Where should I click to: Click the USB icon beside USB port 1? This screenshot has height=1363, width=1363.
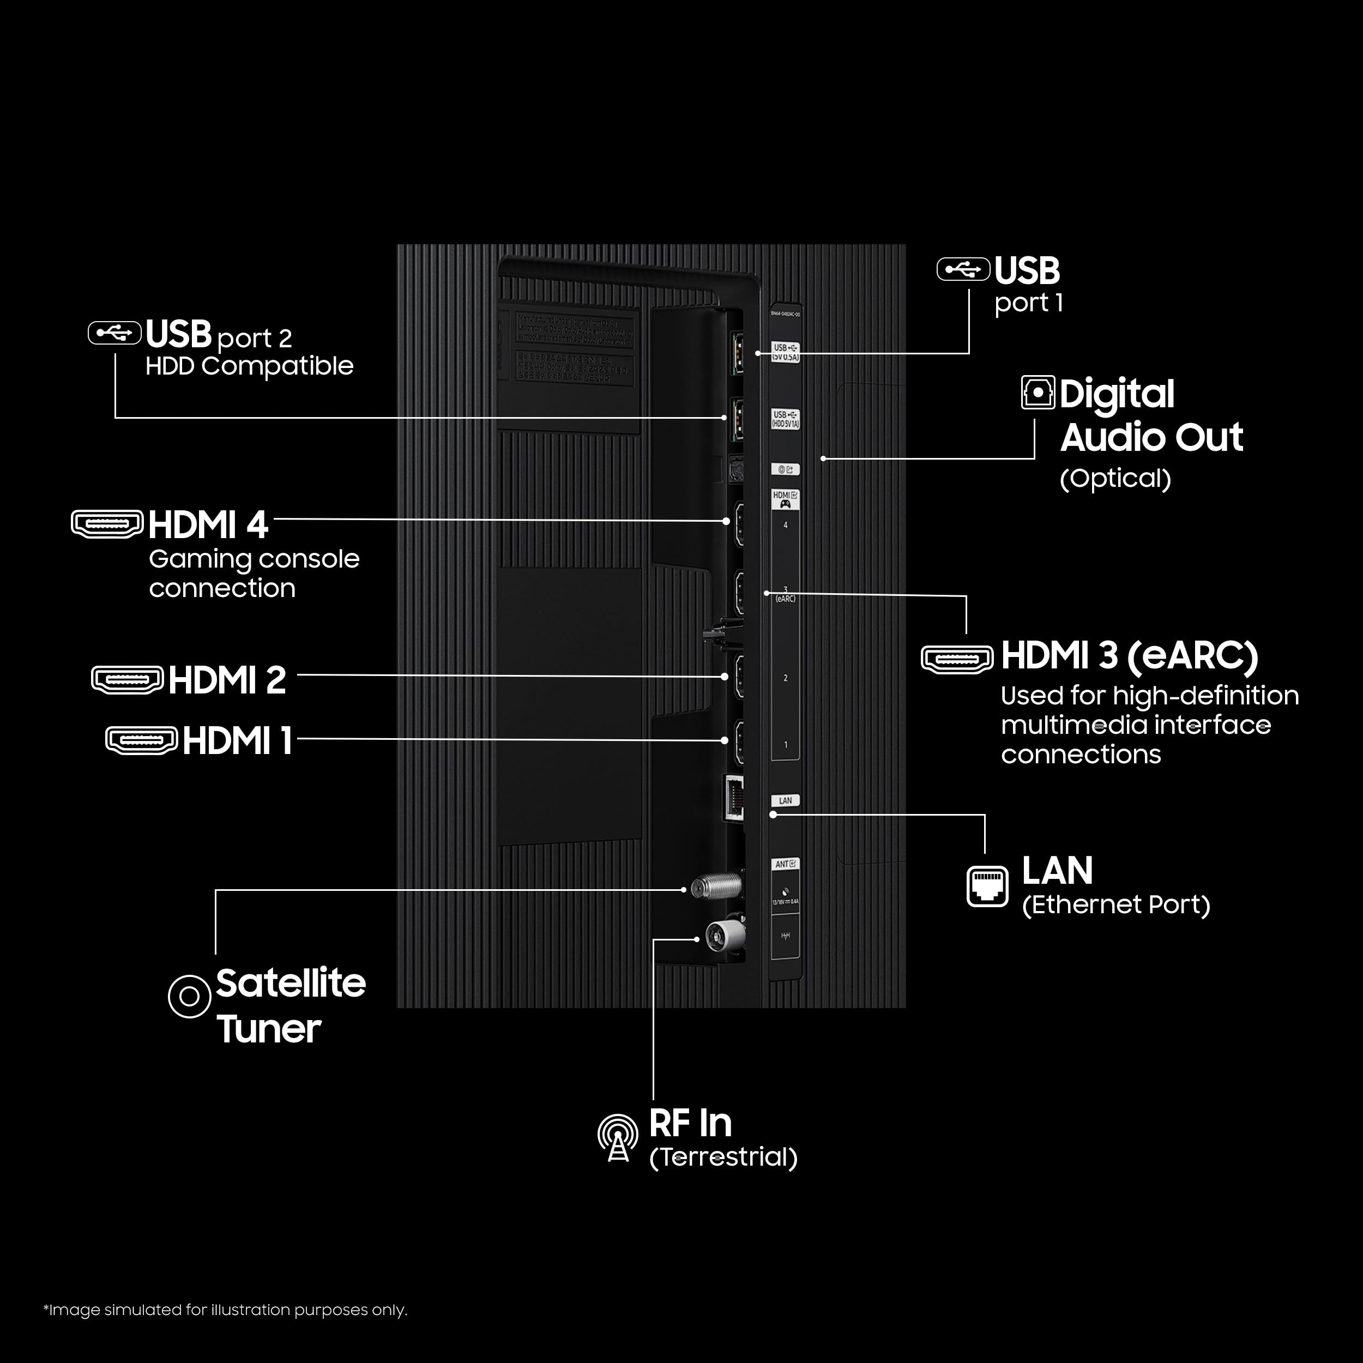pyautogui.click(x=963, y=269)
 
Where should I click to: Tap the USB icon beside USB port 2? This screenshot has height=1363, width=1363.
pyautogui.click(x=114, y=333)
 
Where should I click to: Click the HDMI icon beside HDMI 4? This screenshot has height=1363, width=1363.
pyautogui.click(x=107, y=523)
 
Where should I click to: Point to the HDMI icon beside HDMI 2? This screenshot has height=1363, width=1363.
pyautogui.click(x=127, y=679)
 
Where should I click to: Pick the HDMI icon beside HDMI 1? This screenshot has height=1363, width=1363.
pyautogui.click(x=141, y=740)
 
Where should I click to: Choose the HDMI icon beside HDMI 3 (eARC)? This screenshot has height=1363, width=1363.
pyautogui.click(x=957, y=659)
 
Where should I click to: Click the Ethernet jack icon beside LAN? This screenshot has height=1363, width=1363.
pyautogui.click(x=987, y=886)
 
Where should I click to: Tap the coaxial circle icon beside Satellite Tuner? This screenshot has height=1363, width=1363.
pyautogui.click(x=190, y=996)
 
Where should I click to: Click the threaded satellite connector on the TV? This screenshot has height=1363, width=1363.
pyautogui.click(x=716, y=886)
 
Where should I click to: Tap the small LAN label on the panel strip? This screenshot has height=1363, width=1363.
pyautogui.click(x=785, y=801)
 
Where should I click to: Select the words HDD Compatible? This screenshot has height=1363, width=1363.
pyautogui.click(x=249, y=366)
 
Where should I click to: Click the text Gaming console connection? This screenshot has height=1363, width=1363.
pyautogui.click(x=254, y=573)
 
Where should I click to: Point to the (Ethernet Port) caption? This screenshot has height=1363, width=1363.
pyautogui.click(x=1115, y=904)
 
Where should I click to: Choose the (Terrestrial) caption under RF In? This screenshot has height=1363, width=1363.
pyautogui.click(x=723, y=1157)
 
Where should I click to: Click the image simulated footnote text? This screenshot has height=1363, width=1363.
pyautogui.click(x=226, y=1310)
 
